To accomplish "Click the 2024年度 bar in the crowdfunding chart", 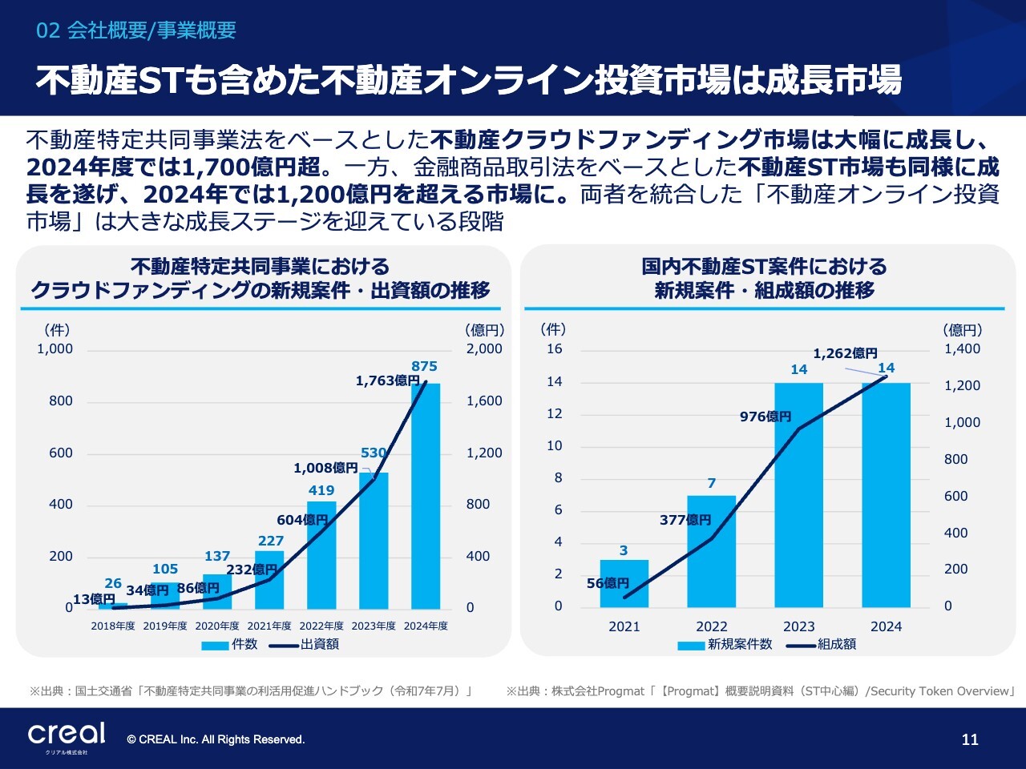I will pos(426,497).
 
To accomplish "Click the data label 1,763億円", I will pos(388,380).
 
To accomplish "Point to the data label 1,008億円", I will pos(325,468).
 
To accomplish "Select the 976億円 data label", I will pos(765,417).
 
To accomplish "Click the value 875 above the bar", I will pos(424,366).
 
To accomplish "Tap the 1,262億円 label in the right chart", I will pos(845,353).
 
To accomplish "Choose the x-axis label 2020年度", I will pos(217,626).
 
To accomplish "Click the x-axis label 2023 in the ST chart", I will pos(798,626).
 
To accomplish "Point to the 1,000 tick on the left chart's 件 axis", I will pos(55,348).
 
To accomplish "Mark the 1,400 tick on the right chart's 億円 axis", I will pos(962,348).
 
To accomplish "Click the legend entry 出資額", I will pos(319,644).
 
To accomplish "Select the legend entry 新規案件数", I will pos(739,644).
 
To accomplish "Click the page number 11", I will pos(970,739).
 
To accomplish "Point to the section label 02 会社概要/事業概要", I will pos(136,30).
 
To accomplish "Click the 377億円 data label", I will pos(685,520).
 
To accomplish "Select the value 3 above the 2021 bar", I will pos(624,550).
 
